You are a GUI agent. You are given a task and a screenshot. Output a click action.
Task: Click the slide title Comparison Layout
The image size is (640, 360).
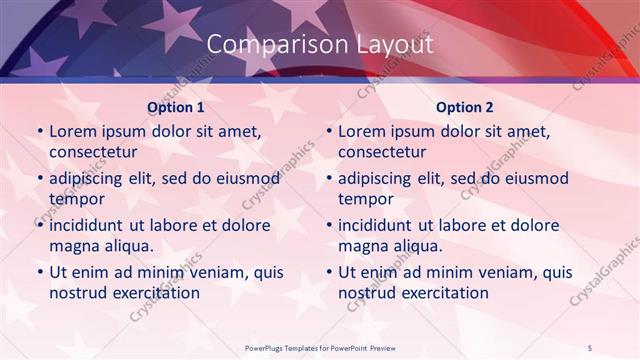click(x=320, y=44)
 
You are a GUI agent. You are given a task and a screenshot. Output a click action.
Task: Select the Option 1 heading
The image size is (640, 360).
click(x=176, y=106)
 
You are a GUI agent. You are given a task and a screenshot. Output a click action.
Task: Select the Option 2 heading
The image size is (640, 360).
click(x=465, y=106)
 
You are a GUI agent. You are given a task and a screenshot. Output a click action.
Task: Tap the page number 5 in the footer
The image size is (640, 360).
click(x=590, y=347)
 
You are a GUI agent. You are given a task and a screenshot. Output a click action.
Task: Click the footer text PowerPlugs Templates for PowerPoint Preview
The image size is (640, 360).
click(x=320, y=347)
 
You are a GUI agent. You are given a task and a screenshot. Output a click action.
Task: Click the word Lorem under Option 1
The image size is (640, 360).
click(x=72, y=131)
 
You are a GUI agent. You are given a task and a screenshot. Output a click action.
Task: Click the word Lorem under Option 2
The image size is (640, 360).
click(x=361, y=131)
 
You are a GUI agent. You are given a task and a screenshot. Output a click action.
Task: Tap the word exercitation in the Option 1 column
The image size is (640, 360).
click(x=154, y=292)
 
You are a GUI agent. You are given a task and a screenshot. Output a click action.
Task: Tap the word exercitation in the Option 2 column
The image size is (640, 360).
click(x=443, y=292)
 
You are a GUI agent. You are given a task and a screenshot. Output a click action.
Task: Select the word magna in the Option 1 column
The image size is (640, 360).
click(x=72, y=246)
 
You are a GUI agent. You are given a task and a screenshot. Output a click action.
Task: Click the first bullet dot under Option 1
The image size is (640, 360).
click(x=39, y=132)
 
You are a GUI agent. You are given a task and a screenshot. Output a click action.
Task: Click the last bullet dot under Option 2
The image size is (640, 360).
click(x=328, y=272)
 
